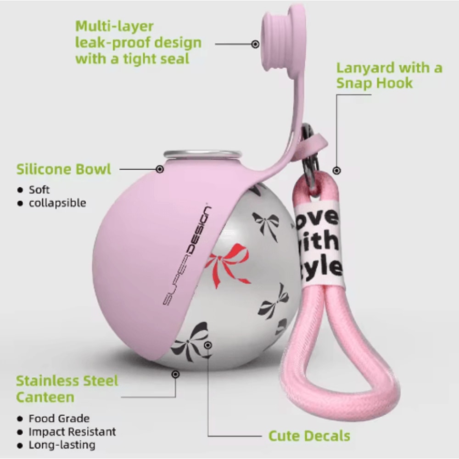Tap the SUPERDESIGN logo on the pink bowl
[x=187, y=255]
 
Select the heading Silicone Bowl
[x=64, y=169]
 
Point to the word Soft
[x=39, y=190]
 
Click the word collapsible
[x=57, y=203]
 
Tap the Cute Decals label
[x=309, y=436]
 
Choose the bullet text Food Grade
[x=59, y=418]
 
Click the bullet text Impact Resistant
[x=73, y=431]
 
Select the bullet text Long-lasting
[x=62, y=445]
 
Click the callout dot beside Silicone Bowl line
[x=160, y=169]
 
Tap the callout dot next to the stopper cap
[x=255, y=44]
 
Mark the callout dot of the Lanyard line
[x=337, y=170]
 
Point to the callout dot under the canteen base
[x=176, y=375]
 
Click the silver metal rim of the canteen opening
[x=202, y=154]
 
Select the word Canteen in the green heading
[x=45, y=397]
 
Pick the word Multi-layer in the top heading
[x=114, y=26]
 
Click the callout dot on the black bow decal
[x=208, y=346]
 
